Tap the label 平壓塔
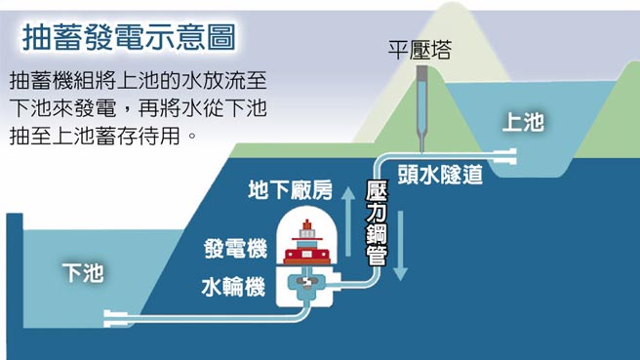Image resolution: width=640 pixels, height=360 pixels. click(x=420, y=50)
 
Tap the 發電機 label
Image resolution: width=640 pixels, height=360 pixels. click(x=235, y=249)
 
